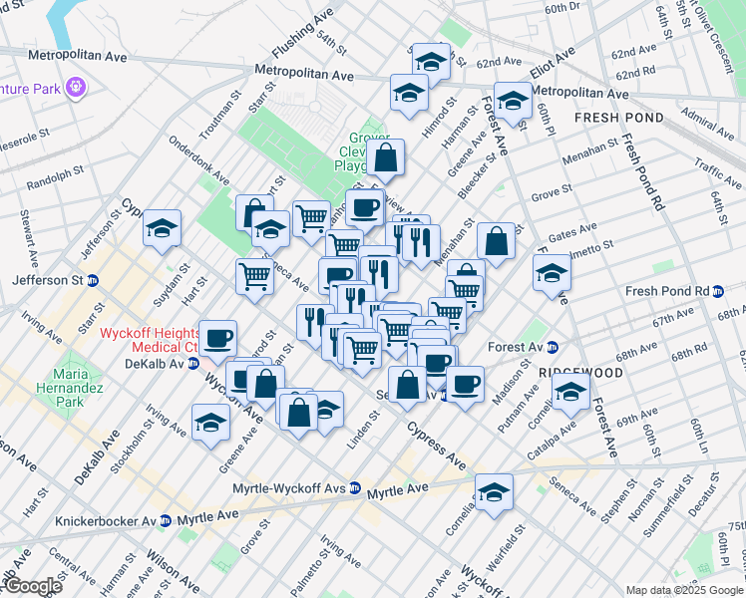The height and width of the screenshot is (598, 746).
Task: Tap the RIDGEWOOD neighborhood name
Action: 580,372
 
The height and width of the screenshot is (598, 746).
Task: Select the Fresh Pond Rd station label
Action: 665,291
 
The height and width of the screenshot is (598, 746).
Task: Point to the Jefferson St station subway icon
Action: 93,281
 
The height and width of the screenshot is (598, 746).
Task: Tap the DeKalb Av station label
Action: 160,364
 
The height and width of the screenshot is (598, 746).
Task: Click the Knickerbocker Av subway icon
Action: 167,520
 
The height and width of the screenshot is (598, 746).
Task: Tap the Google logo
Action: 32,585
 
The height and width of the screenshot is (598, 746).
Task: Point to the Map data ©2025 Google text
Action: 683,590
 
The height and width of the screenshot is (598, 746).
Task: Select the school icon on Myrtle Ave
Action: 493,492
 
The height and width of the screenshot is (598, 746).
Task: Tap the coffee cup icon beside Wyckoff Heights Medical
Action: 216,337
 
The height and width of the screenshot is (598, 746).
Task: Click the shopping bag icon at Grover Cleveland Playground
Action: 386,156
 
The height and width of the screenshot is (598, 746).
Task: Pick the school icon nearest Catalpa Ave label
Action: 569,391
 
